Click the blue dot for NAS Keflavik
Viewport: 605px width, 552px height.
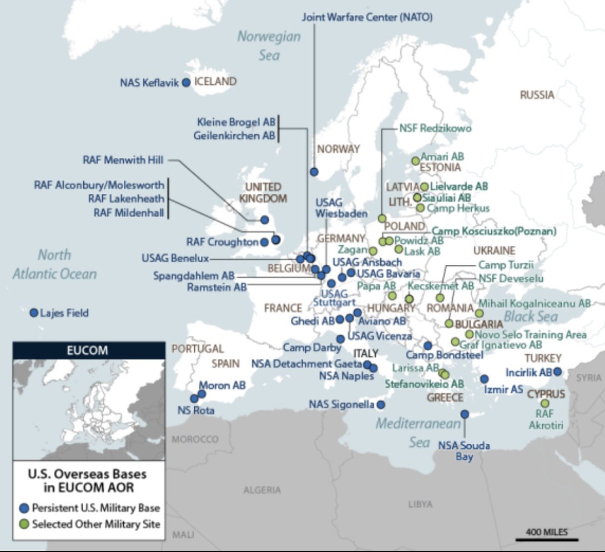[186, 82]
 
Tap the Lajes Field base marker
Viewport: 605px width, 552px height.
[33, 313]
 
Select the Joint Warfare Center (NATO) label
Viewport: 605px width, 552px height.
[367, 17]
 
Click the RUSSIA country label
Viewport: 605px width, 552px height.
[537, 95]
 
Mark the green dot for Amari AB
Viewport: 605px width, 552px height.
[415, 161]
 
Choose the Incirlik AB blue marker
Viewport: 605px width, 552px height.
[558, 372]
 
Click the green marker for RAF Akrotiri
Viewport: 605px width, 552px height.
[545, 404]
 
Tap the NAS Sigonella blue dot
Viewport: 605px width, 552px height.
[381, 404]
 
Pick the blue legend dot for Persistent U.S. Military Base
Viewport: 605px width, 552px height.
[23, 508]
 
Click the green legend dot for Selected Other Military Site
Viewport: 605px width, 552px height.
[23, 524]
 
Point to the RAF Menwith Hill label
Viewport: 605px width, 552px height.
[123, 160]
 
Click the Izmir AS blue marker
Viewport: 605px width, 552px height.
[484, 379]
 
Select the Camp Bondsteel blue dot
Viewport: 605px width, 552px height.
[427, 345]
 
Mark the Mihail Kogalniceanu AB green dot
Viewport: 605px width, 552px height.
[479, 313]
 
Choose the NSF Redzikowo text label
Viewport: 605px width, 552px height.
[435, 129]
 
